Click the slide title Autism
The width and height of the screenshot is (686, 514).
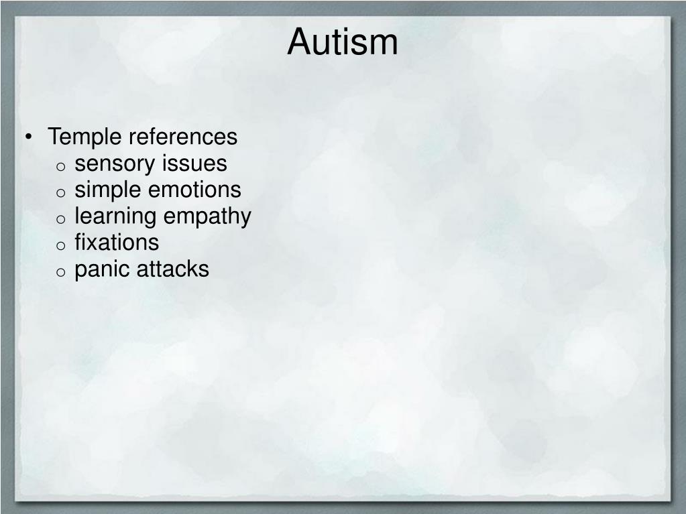[343, 42]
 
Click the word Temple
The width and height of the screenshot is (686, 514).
[85, 137]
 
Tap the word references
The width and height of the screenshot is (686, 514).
[183, 137]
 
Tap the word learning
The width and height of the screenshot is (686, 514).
[115, 216]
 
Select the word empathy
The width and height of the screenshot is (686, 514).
[207, 216]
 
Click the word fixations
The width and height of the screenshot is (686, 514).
[117, 242]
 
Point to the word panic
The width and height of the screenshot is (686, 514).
[103, 269]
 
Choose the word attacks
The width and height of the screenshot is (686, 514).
[173, 269]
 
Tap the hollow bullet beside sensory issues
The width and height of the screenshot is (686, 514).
[60, 166]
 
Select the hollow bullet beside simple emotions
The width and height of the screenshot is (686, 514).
[60, 192]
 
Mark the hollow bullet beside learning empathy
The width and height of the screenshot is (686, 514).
[60, 219]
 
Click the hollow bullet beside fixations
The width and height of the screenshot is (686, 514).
[60, 245]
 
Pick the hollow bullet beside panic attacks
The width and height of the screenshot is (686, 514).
[60, 271]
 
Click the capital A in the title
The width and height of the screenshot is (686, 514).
[299, 42]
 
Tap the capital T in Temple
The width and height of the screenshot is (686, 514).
[54, 137]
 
